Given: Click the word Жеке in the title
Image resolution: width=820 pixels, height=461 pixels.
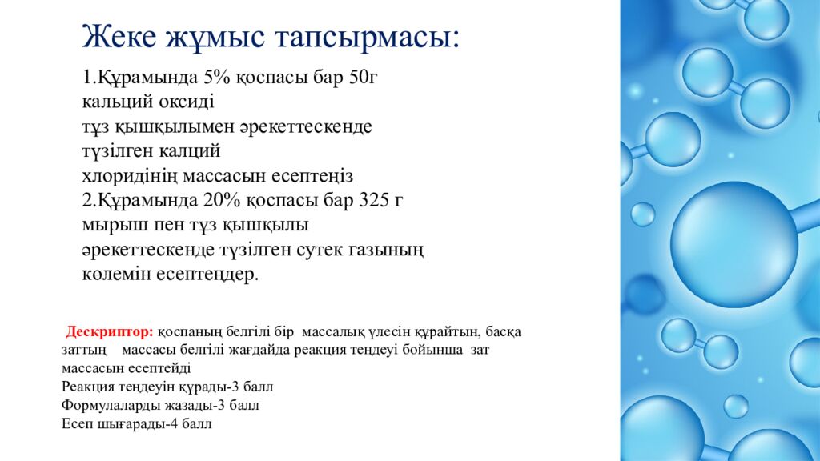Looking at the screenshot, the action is click(x=119, y=37).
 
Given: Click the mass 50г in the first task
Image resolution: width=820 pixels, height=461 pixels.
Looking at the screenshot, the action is click(x=363, y=77).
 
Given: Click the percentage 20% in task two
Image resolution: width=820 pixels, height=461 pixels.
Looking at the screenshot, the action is click(x=222, y=200).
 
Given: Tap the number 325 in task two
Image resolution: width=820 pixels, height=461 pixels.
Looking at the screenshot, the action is click(x=372, y=200).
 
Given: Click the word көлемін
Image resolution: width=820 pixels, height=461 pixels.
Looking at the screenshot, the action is click(x=117, y=275).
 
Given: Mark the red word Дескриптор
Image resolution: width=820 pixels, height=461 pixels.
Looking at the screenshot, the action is click(x=109, y=332).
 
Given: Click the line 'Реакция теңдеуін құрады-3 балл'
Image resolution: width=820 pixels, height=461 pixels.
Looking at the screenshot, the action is click(x=167, y=387).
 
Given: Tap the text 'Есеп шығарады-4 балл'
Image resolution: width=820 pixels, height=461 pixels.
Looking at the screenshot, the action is click(x=136, y=424).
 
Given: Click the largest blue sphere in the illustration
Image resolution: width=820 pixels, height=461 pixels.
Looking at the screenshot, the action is click(x=734, y=245).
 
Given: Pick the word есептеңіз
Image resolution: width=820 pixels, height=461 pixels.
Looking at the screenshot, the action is click(x=312, y=176).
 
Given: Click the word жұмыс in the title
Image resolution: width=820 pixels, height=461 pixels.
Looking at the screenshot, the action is click(x=215, y=38).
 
